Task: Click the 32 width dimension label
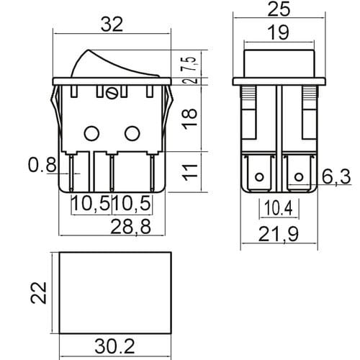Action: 112,24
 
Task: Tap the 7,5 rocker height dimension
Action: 190,64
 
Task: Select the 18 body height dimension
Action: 190,119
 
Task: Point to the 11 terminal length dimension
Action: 190,172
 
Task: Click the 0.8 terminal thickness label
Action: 42,165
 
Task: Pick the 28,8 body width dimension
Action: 131,226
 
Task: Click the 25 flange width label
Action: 279,9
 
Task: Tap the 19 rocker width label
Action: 279,32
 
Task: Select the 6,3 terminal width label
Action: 336,177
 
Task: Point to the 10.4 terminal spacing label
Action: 279,208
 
